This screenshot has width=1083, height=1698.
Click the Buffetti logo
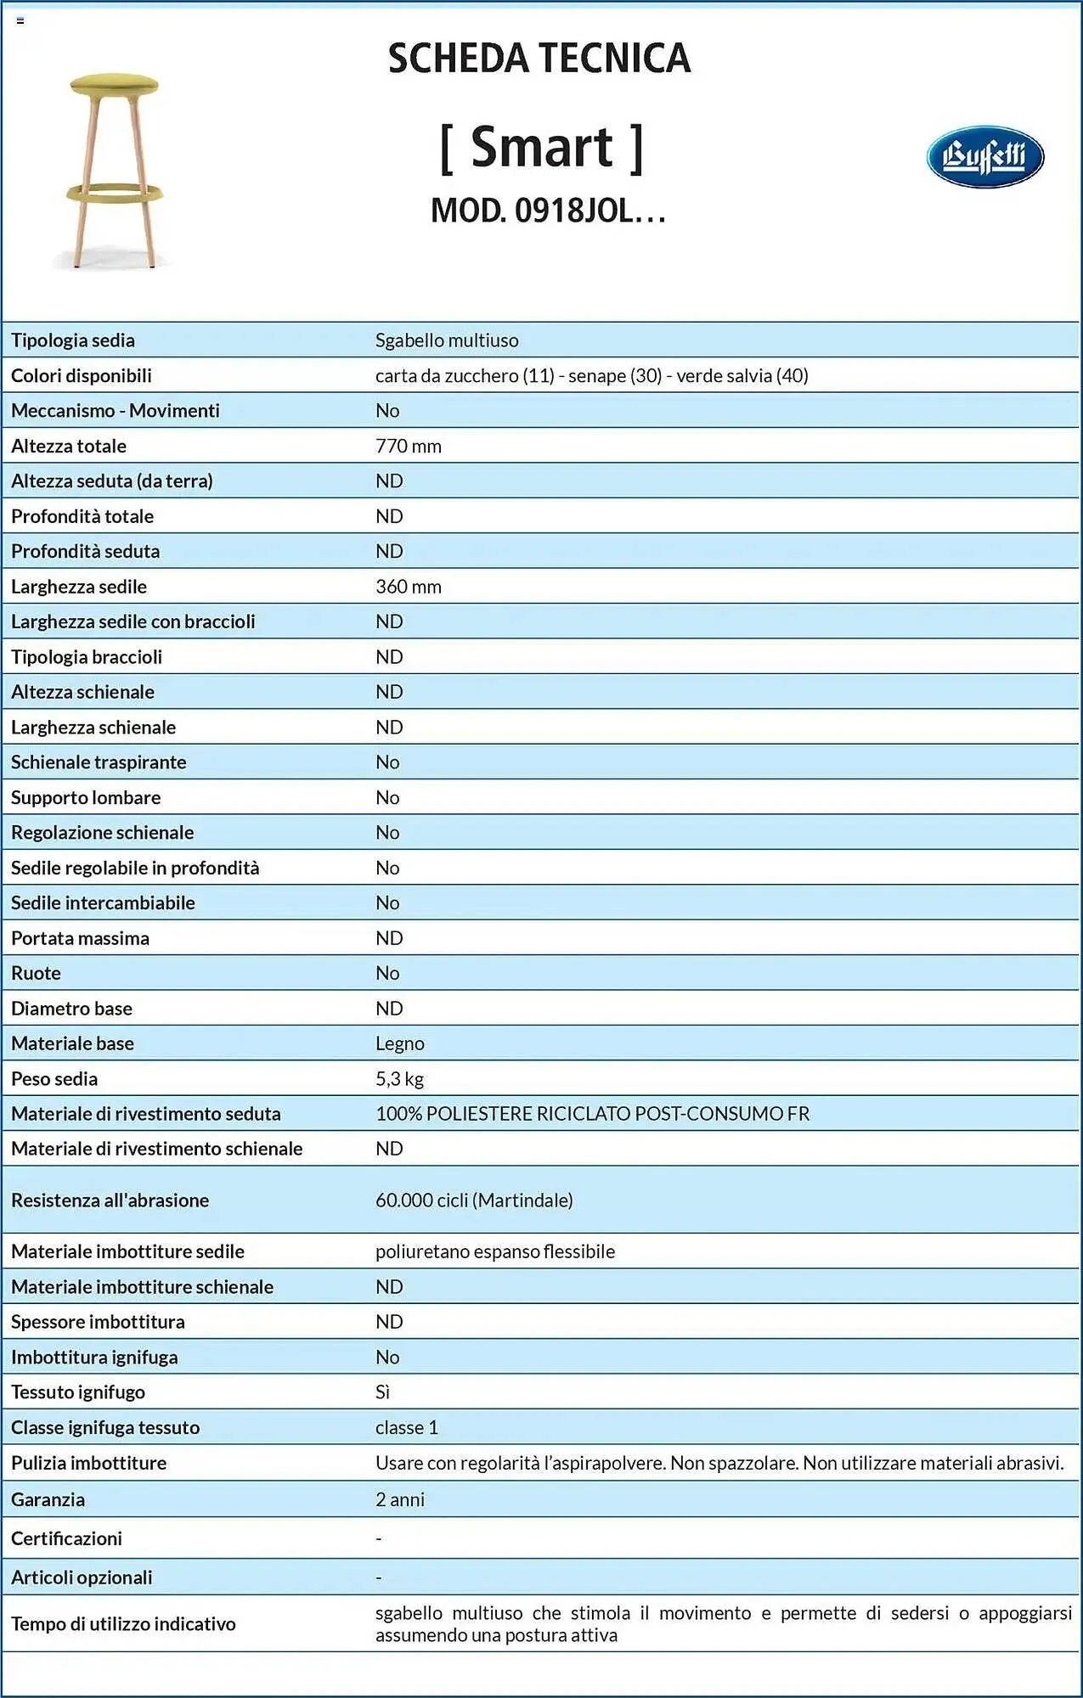tap(984, 156)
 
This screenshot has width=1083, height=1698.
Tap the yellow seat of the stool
tap(114, 84)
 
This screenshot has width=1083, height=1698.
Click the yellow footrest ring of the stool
tap(114, 193)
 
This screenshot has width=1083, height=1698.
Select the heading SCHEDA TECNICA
tap(539, 59)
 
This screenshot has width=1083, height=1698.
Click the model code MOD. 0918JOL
tap(548, 211)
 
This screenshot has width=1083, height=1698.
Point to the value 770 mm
tap(409, 446)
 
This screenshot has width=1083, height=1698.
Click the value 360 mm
tap(409, 587)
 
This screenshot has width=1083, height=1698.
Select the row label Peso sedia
tap(54, 1079)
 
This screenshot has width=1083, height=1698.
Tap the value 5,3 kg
tap(399, 1079)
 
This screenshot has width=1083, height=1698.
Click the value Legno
tap(400, 1043)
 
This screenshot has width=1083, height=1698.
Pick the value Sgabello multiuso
tap(447, 340)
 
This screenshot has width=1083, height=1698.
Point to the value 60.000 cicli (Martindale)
tap(474, 1200)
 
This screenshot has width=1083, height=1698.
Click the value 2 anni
tap(400, 1499)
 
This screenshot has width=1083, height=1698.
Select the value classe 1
tap(407, 1427)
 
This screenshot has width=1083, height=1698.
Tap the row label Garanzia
tap(48, 1499)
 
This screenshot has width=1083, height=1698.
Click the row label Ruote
tap(36, 973)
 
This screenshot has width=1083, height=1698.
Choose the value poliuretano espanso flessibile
tap(495, 1251)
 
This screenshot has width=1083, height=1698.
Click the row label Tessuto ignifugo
tap(78, 1392)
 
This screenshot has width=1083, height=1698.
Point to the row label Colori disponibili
tap(82, 375)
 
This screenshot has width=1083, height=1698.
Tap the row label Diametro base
tap(71, 1009)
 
